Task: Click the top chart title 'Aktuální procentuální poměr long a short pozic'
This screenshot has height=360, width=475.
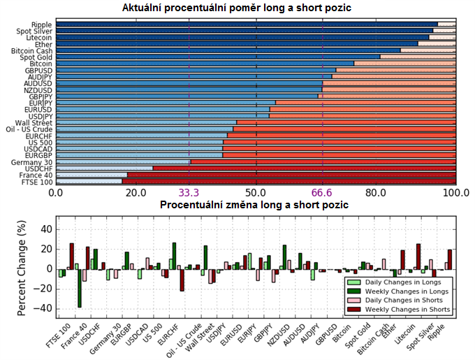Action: [256, 8]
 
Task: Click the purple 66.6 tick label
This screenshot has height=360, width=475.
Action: [323, 192]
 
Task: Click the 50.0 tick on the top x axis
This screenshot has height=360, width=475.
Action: [256, 192]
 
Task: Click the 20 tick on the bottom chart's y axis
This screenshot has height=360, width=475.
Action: [47, 249]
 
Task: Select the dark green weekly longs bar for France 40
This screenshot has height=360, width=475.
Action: [79, 288]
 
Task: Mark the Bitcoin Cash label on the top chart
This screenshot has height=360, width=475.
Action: [32, 50]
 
